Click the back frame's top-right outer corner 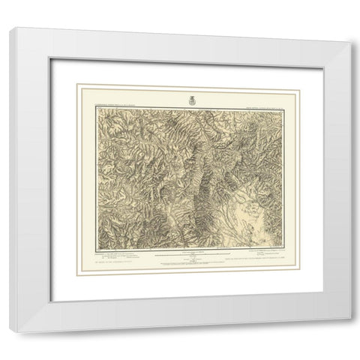pos(349,46)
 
